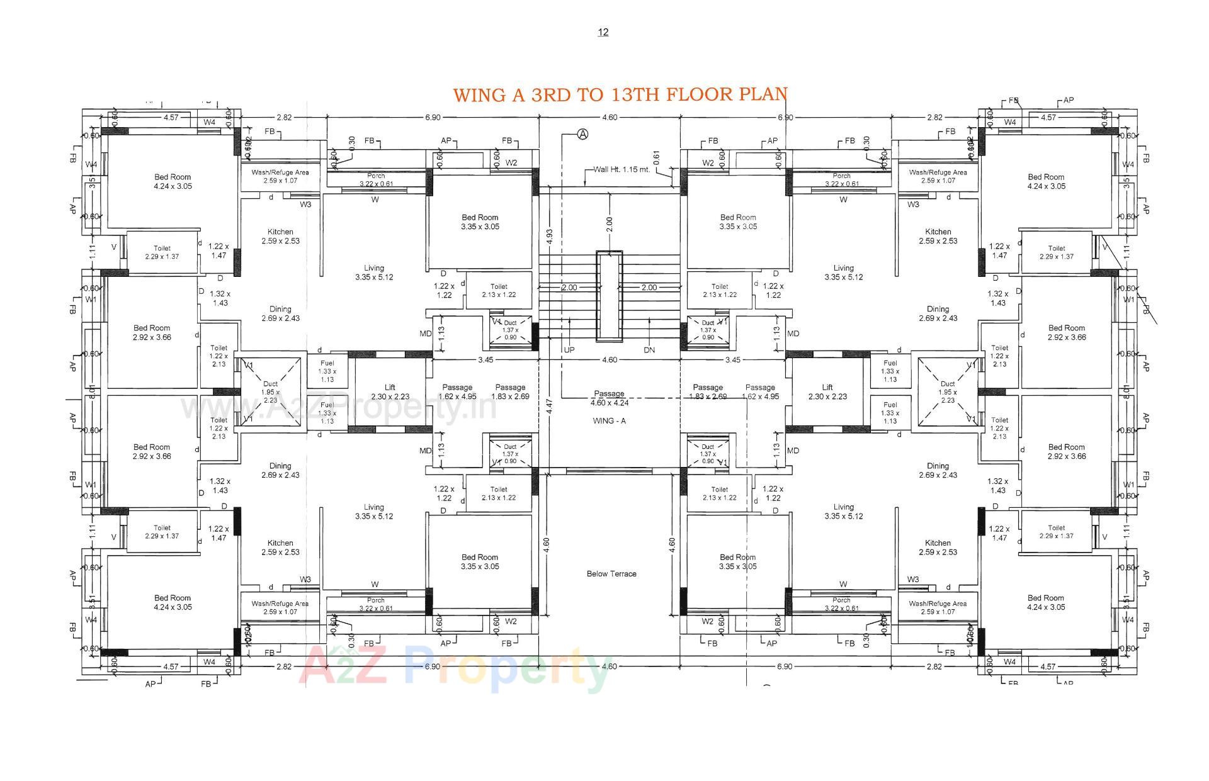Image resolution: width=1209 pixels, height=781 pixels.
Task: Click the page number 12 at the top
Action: coord(603,32)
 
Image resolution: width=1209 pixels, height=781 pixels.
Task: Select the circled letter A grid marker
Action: coord(583,134)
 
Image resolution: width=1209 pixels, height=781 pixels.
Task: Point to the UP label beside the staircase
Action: coord(569,350)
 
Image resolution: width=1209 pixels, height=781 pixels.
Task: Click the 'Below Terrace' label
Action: coord(611,573)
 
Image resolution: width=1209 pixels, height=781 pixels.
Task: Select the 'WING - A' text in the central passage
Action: coord(609,420)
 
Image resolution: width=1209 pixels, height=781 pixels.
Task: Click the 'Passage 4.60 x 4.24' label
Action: coord(609,398)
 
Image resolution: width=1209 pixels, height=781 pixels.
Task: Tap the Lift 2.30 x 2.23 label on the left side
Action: coord(390,392)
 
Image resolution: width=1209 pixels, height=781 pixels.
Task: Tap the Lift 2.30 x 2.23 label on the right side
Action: coord(827,392)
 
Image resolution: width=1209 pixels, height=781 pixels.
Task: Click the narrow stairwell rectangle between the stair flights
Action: coord(609,296)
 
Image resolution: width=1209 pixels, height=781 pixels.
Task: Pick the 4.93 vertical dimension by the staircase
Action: coord(550,236)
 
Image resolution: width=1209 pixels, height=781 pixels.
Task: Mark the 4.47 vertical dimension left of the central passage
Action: coord(550,406)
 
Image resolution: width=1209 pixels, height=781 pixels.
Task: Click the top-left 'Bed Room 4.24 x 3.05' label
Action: coord(173,181)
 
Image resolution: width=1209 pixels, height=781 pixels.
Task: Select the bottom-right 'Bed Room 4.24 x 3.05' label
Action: coord(1045,602)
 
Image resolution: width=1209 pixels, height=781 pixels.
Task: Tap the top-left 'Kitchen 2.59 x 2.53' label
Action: coord(280,236)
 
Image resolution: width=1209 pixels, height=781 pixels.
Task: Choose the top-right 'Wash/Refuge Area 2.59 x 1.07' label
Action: coord(938,176)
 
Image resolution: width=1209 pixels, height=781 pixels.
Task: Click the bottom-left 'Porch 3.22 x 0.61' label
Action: coord(376,604)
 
